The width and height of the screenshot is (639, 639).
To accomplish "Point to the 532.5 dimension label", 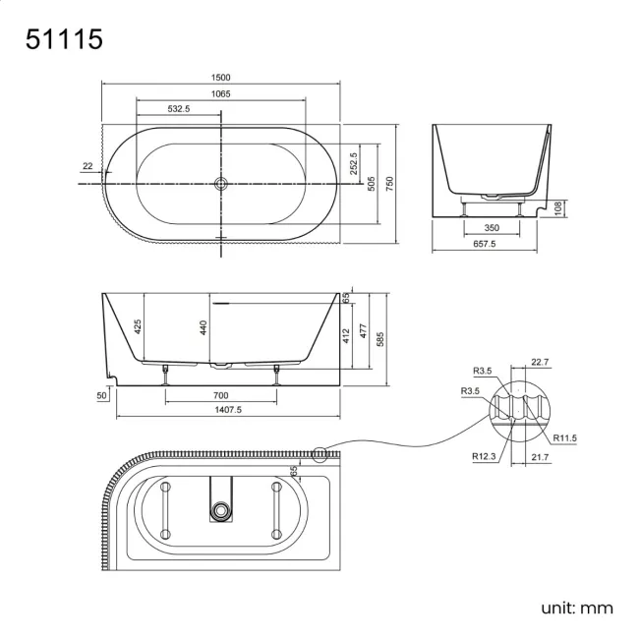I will click(179, 109).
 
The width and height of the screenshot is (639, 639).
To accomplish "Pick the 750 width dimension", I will click(389, 184).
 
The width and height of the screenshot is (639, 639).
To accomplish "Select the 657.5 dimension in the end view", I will click(485, 244).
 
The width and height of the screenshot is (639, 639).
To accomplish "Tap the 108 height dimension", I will click(556, 208).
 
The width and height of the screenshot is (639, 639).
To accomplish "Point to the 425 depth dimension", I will click(139, 325).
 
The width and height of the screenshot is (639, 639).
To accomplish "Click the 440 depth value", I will click(203, 327).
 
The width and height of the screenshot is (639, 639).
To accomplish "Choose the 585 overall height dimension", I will click(378, 338).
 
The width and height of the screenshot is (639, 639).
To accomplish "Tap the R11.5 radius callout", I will click(564, 437).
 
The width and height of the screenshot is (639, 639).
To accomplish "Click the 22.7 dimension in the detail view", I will click(540, 361).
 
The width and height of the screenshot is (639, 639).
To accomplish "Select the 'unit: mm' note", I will click(576, 608).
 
